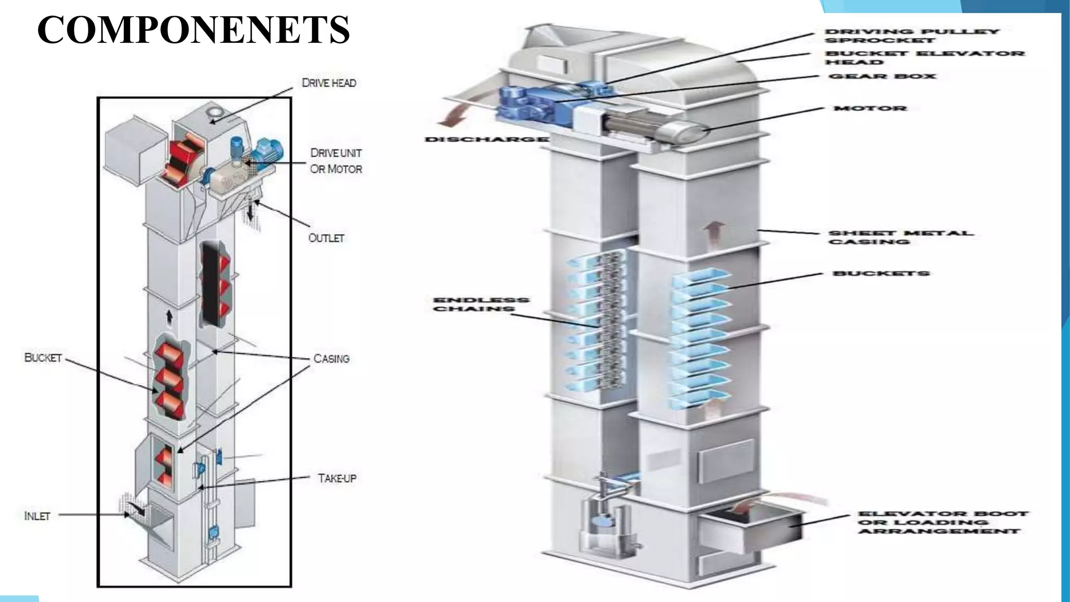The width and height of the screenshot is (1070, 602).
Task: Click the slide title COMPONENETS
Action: (x=193, y=30)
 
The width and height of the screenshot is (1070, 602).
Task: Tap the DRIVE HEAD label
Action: (x=329, y=83)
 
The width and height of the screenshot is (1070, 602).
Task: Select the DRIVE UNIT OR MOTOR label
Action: (x=336, y=161)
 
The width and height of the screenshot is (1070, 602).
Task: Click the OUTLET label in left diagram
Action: (x=327, y=238)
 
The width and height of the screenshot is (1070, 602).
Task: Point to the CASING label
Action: (x=331, y=359)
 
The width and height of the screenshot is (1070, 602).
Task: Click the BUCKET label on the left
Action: (x=43, y=358)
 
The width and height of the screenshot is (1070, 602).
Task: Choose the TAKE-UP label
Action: (x=337, y=478)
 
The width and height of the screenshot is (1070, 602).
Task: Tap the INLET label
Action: (x=37, y=516)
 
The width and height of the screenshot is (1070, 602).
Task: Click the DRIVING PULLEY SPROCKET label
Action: (x=912, y=36)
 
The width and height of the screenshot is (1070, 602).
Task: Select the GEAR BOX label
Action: (x=882, y=76)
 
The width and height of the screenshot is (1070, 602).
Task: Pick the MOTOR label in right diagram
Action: (x=870, y=109)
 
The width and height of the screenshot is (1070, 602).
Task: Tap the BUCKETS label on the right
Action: (x=881, y=273)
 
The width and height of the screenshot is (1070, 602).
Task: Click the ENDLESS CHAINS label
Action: (x=481, y=304)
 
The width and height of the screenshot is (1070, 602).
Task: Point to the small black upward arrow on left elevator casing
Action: (x=169, y=316)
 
